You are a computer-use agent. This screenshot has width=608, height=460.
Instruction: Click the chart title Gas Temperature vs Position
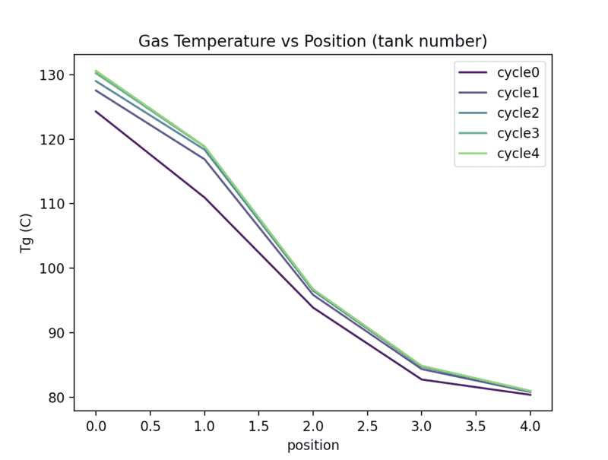click(x=312, y=40)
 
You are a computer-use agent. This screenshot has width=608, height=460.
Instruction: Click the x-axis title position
click(x=312, y=446)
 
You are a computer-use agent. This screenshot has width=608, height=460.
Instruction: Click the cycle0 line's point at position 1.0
click(x=204, y=198)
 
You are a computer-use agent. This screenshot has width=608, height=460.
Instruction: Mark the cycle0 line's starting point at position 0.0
click(x=96, y=111)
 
